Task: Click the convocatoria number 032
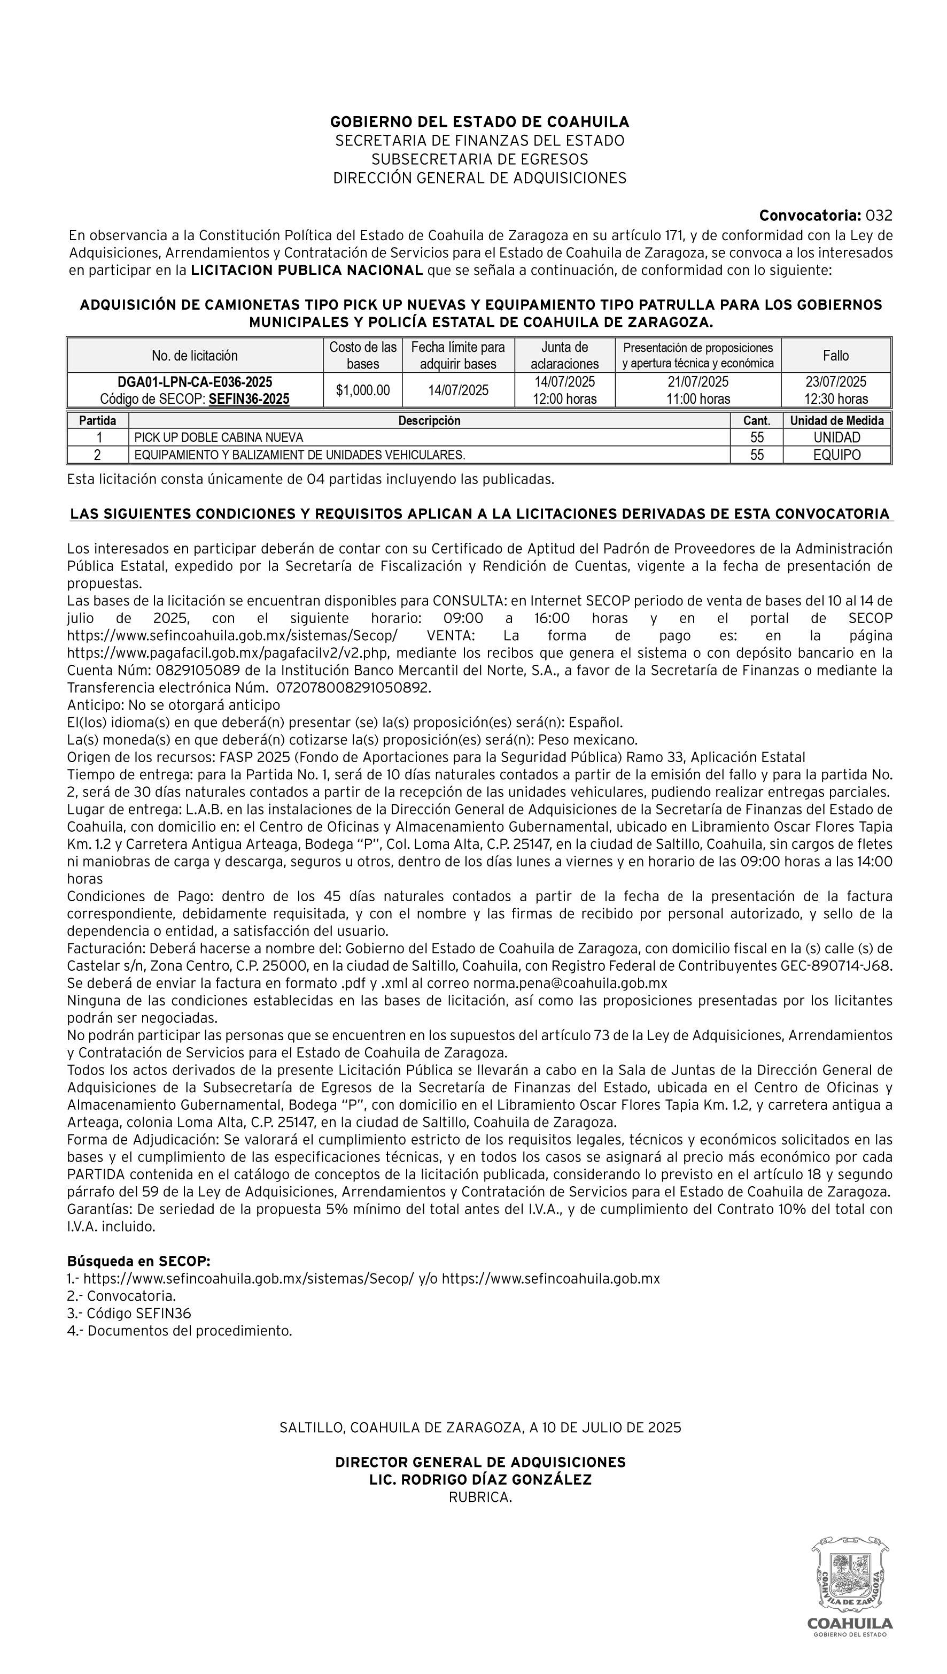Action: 879,216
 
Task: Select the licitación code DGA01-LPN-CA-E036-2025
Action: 195,382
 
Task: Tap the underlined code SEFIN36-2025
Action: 249,399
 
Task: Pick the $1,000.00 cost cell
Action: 363,390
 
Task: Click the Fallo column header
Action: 836,355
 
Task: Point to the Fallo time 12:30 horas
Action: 836,399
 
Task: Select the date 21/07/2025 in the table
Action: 698,382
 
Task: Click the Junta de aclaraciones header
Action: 564,355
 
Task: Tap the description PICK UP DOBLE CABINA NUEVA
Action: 219,437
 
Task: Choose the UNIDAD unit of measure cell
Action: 836,437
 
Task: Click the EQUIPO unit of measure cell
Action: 836,455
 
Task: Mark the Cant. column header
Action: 756,420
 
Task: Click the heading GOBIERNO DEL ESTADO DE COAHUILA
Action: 479,122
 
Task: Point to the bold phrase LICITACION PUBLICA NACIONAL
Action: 307,270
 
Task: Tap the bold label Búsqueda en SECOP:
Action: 138,1261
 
